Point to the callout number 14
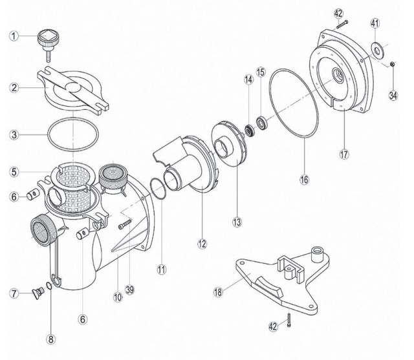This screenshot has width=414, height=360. click(x=247, y=80)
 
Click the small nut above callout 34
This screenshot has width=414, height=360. click(x=392, y=63)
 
